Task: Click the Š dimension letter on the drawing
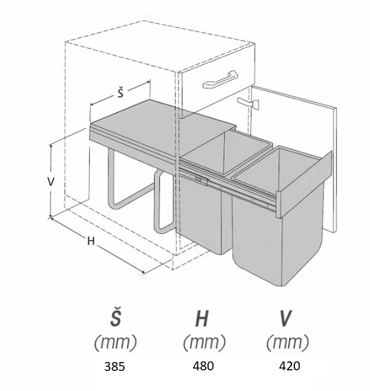pyautogui.click(x=120, y=93)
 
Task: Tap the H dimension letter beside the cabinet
pyautogui.click(x=91, y=241)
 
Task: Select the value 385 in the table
pyautogui.click(x=114, y=367)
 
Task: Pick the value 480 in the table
pyautogui.click(x=203, y=366)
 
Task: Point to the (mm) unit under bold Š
pyautogui.click(x=115, y=342)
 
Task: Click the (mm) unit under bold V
pyautogui.click(x=287, y=342)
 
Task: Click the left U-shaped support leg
pyautogui.click(x=118, y=183)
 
